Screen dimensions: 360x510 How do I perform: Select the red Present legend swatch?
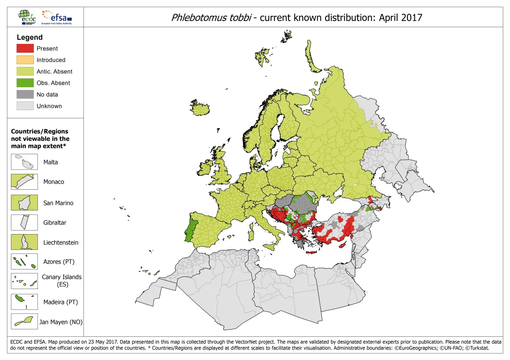click(25, 48)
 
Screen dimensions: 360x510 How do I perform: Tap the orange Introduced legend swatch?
click(25, 60)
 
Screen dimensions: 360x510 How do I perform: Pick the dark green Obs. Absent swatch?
click(25, 83)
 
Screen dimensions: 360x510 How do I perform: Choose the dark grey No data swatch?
click(25, 94)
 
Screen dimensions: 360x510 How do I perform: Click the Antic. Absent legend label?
click(54, 72)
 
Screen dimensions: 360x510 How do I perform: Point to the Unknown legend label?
click(49, 106)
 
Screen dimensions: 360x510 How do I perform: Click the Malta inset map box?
click(24, 162)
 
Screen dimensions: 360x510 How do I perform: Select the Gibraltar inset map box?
click(24, 222)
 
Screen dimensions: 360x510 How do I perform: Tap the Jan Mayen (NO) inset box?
click(24, 321)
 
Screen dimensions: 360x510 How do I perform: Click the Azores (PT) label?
click(59, 262)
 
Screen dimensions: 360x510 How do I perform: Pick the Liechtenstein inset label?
click(61, 242)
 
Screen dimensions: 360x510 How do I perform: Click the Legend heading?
click(30, 37)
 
